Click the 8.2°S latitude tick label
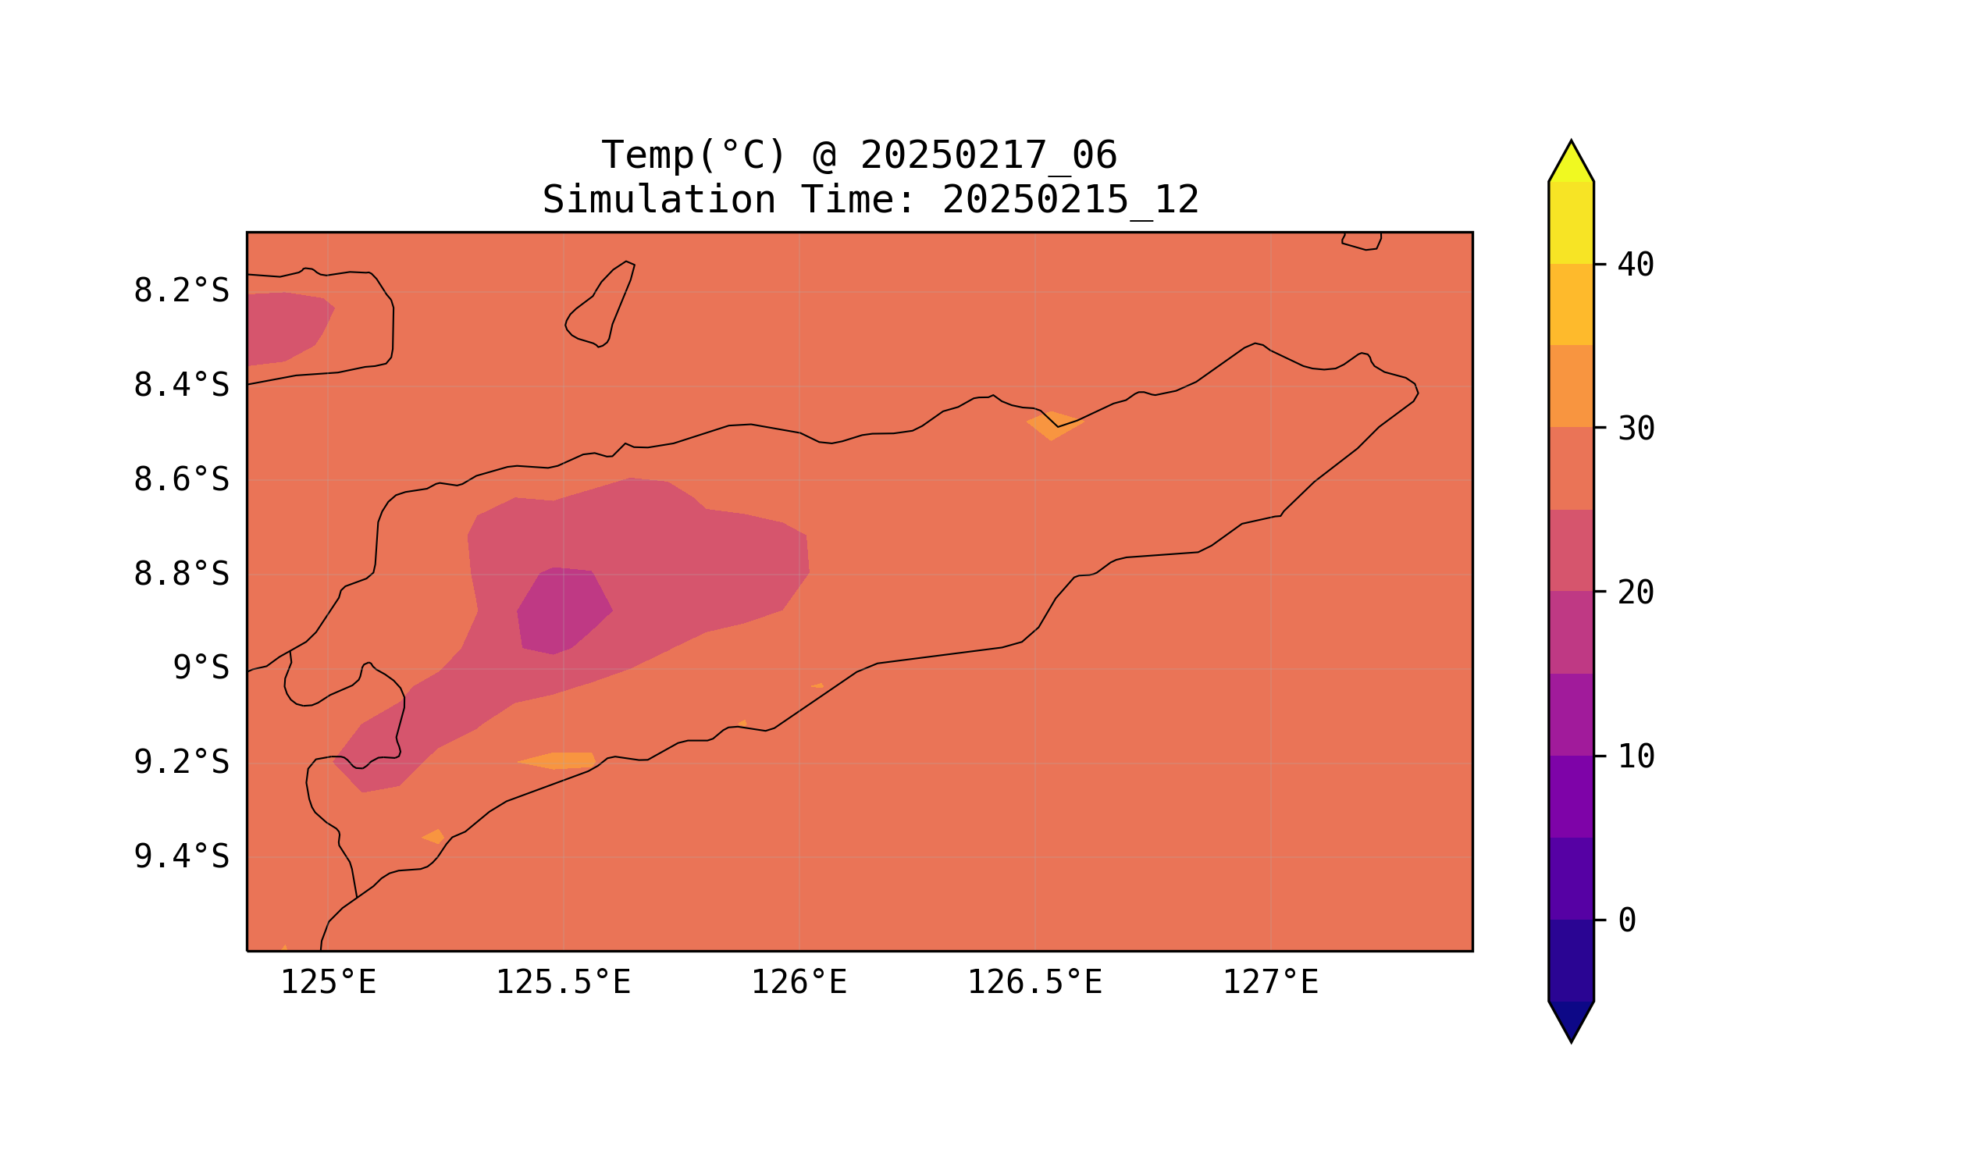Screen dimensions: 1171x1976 pos(180,291)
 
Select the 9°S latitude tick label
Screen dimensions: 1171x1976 pos(201,668)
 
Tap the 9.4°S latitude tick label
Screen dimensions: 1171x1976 pos(180,856)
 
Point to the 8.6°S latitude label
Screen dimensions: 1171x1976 pos(180,480)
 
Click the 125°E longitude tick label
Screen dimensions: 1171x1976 pos(328,982)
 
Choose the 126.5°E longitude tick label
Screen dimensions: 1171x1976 pos(1034,982)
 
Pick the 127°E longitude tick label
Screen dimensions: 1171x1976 pos(1270,982)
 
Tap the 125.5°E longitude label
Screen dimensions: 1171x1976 pos(564,982)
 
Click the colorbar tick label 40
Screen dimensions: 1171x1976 pos(1636,265)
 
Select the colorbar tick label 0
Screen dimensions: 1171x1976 pos(1627,920)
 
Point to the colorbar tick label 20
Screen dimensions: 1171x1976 pos(1636,593)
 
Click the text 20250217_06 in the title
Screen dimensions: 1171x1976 pos(988,155)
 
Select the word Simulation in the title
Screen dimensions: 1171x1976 pos(659,201)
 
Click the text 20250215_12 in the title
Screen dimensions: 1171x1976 pos(1070,201)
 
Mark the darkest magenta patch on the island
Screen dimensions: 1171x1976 pos(563,610)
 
